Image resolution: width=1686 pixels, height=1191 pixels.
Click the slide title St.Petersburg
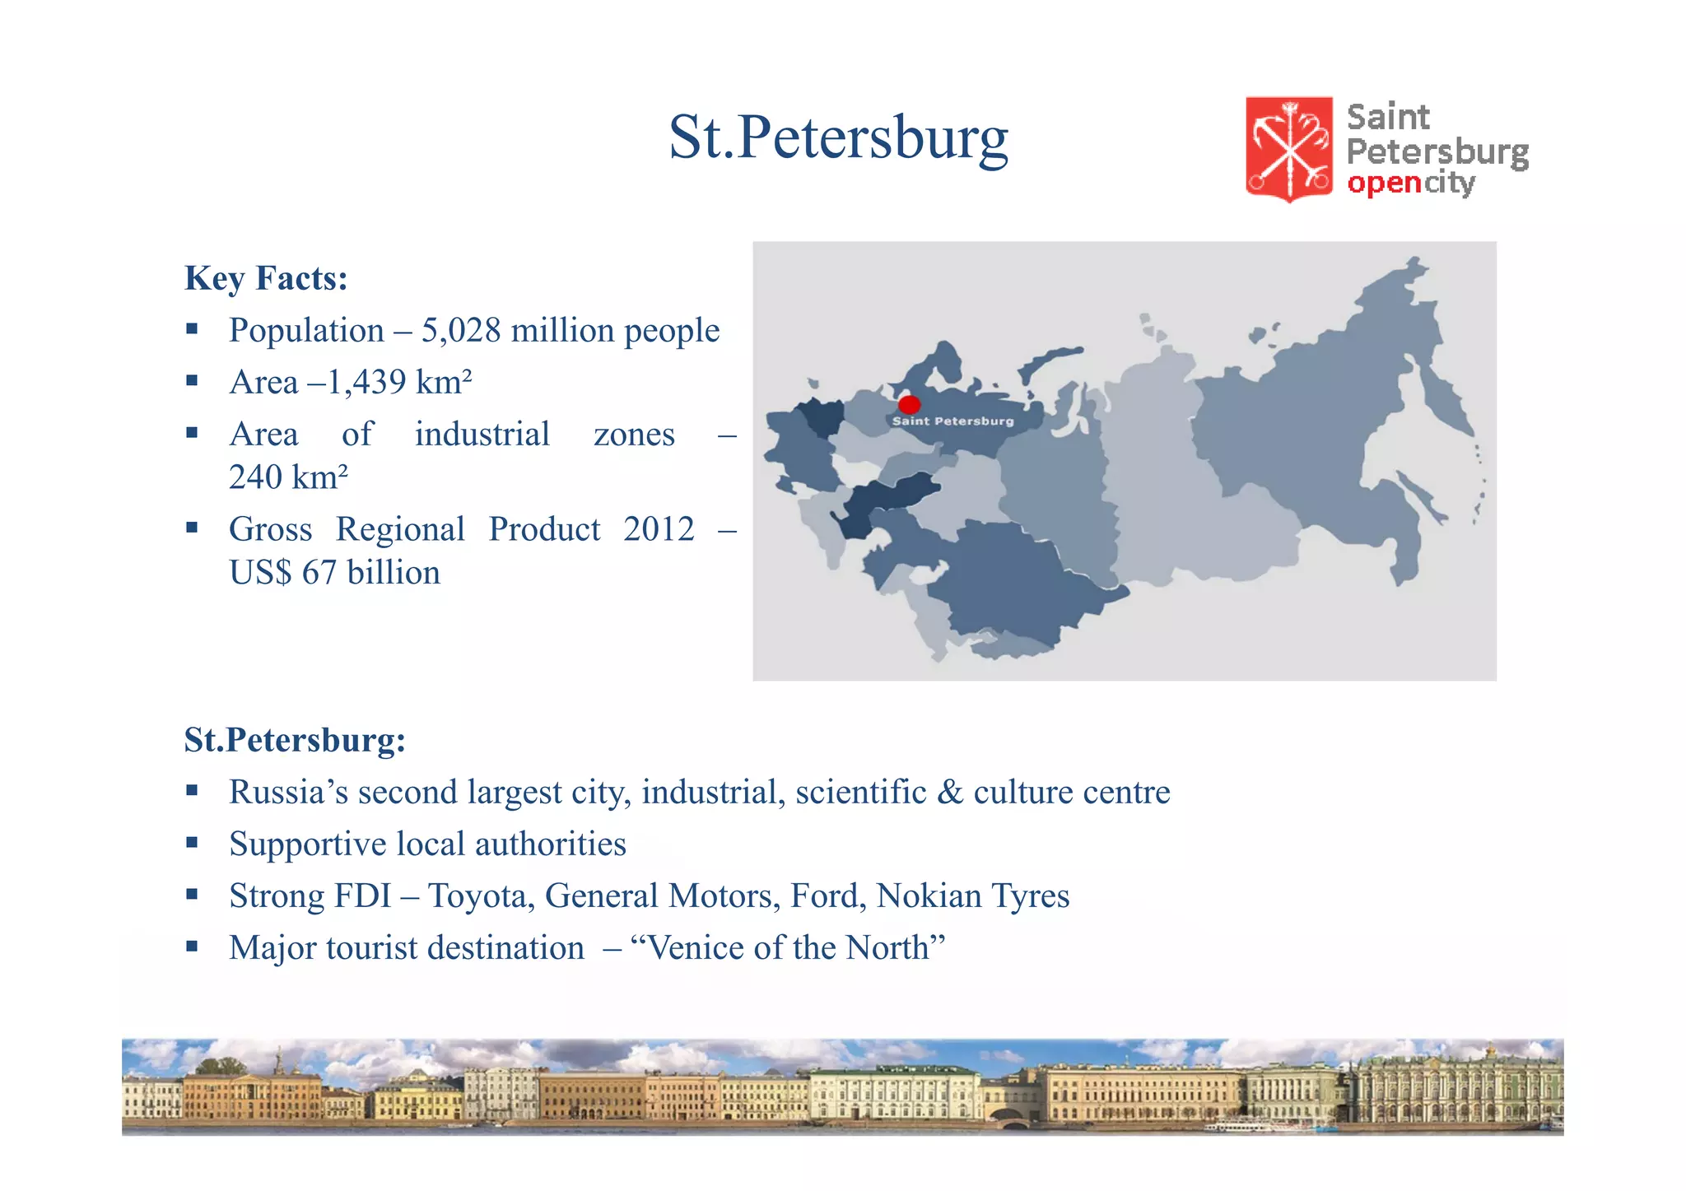pos(838,137)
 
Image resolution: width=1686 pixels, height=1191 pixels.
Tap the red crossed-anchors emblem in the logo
pos(1288,149)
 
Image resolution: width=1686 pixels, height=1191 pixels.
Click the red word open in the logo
pos(1384,183)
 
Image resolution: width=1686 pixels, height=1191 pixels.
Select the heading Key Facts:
pos(266,278)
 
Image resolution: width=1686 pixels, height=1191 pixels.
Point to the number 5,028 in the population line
pos(461,331)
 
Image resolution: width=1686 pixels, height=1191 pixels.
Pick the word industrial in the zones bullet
pos(482,435)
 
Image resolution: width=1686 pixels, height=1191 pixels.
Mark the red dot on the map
pos(909,404)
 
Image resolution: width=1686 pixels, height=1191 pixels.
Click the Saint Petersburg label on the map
pos(952,421)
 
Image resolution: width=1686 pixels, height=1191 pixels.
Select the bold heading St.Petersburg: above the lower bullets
pos(295,740)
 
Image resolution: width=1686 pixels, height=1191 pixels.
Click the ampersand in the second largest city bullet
pos(950,792)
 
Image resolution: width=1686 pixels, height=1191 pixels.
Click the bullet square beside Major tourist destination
pos(192,947)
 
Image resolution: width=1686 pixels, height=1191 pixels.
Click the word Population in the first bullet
pos(306,331)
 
